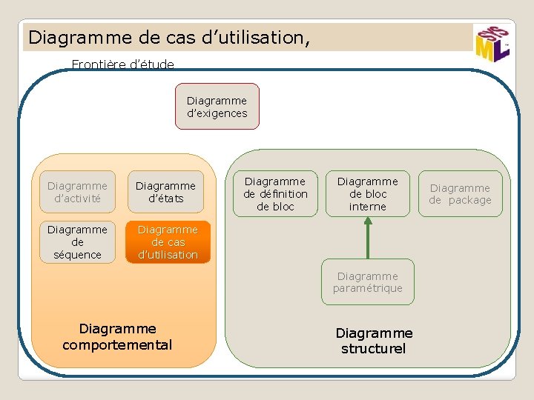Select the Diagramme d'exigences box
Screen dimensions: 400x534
pyautogui.click(x=217, y=106)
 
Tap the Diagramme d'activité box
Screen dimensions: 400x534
pyautogui.click(x=77, y=192)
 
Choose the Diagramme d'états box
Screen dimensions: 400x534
pyautogui.click(x=165, y=192)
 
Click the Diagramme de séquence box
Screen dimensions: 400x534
pyautogui.click(x=77, y=241)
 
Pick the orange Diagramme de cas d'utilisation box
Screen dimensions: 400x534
pyautogui.click(x=168, y=241)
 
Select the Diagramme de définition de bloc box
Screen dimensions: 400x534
pyautogui.click(x=275, y=193)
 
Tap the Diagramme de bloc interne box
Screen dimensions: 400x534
pyautogui.click(x=368, y=193)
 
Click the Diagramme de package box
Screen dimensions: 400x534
pyautogui.click(x=460, y=193)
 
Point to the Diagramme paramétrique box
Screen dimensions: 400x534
pyautogui.click(x=368, y=281)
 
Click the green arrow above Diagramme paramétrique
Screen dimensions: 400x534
pyautogui.click(x=368, y=237)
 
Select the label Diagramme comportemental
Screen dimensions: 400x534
pyautogui.click(x=117, y=336)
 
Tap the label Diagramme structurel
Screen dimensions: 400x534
pyautogui.click(x=374, y=341)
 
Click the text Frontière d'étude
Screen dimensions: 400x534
pyautogui.click(x=123, y=64)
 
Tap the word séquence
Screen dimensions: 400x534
pyautogui.click(x=77, y=255)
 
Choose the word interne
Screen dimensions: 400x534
pyautogui.click(x=368, y=207)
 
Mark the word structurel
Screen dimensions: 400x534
pyautogui.click(x=374, y=348)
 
